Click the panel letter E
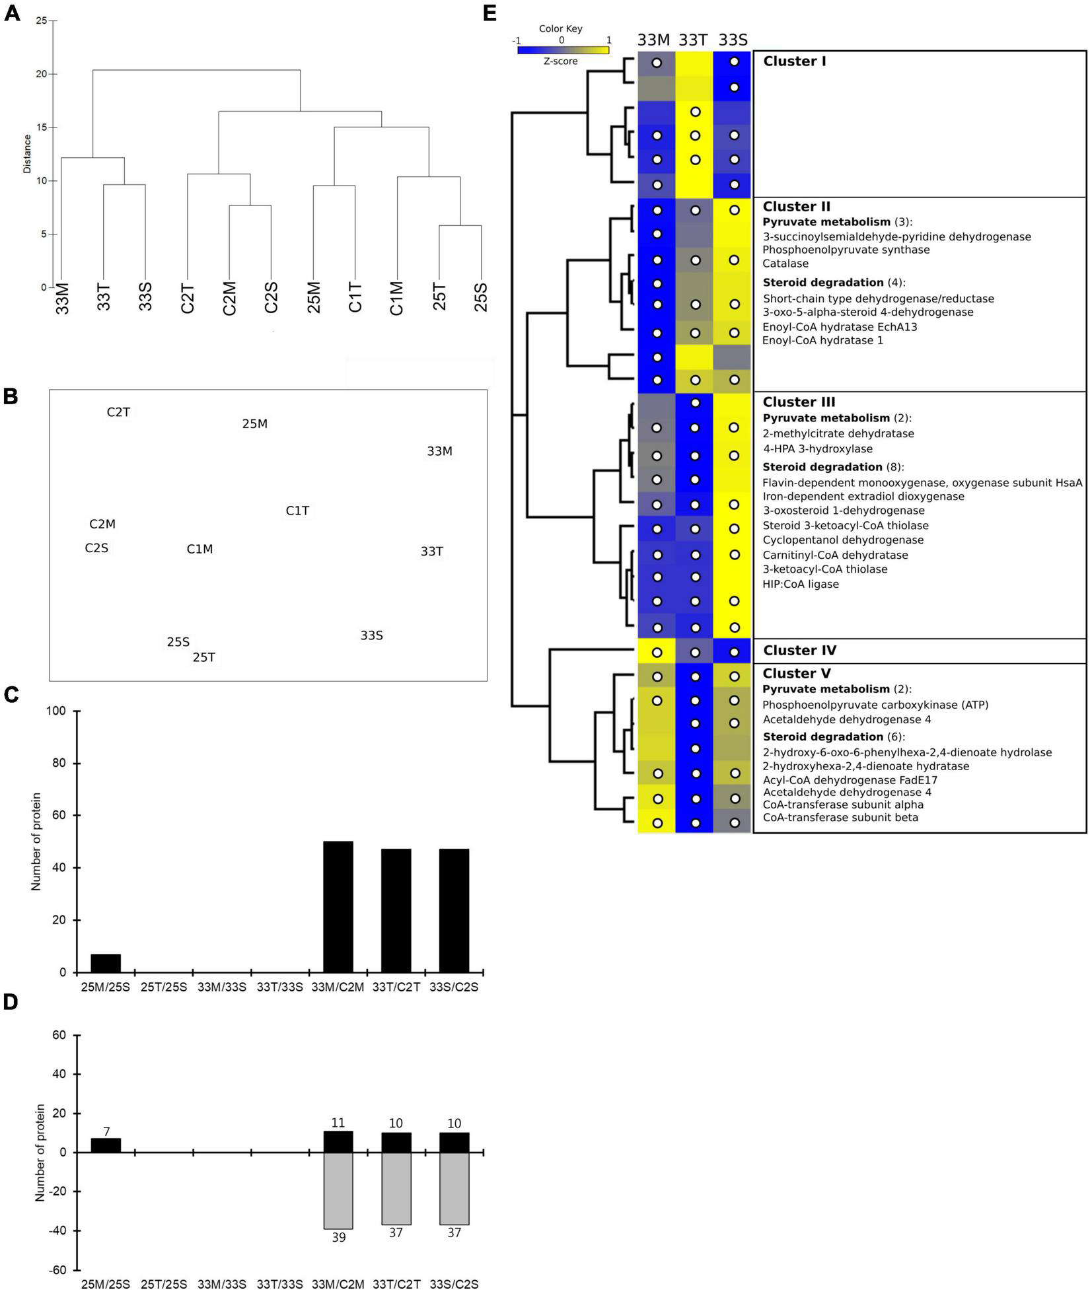point(490,13)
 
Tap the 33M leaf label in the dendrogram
point(63,299)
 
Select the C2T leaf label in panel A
point(188,299)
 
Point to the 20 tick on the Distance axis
point(42,74)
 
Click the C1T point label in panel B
point(297,511)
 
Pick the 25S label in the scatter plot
point(178,642)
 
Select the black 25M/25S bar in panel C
point(106,963)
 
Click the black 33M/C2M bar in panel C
point(338,906)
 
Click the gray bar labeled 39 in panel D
point(338,1190)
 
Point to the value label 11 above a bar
point(338,1123)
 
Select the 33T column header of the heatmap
point(694,40)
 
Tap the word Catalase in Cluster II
point(785,264)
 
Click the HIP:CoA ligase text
point(801,584)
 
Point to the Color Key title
point(560,29)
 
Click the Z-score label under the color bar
point(561,61)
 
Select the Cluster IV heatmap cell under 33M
point(656,651)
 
